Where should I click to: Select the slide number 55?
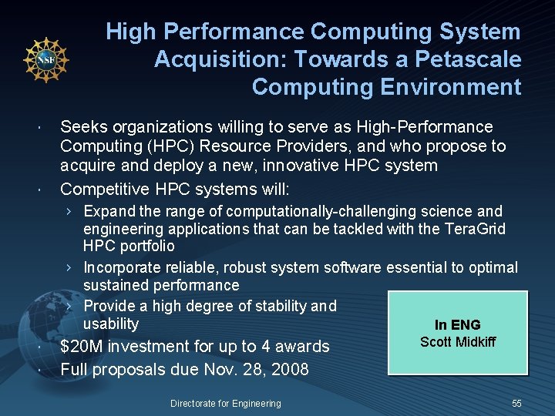click(516, 403)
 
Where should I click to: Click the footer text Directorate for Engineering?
click(226, 403)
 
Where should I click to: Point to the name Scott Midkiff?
click(458, 341)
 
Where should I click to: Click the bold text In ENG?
click(457, 325)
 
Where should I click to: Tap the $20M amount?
click(82, 347)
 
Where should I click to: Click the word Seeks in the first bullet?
click(82, 126)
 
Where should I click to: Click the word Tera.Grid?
click(474, 229)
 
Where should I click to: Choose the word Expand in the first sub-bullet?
click(109, 211)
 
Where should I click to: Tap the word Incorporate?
click(122, 267)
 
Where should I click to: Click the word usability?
click(111, 324)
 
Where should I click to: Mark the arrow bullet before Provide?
click(69, 306)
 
